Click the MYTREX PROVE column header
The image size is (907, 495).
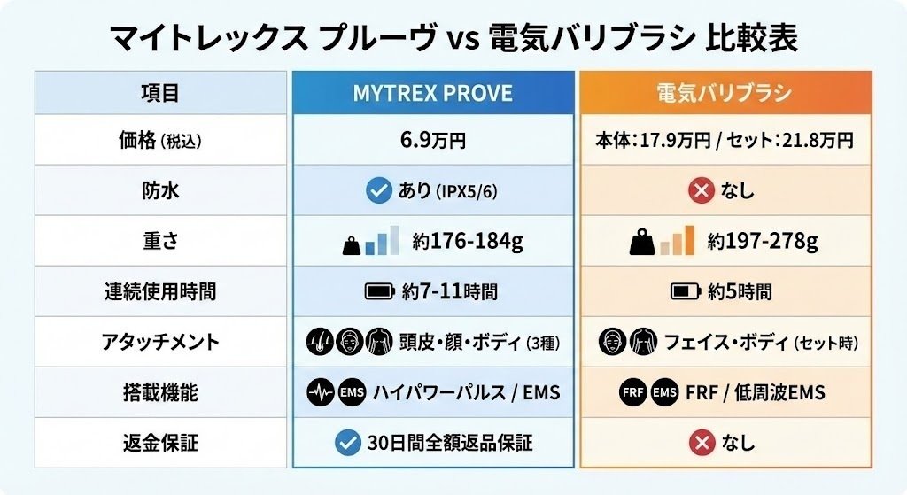432,92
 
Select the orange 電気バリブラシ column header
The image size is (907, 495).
724,92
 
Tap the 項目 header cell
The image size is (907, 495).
160,92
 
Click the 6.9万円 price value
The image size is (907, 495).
432,140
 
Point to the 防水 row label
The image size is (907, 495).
160,190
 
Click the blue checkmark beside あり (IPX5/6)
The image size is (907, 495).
379,190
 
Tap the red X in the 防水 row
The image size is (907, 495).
701,190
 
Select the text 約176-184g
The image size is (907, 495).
459,240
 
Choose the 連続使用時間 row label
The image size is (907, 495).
160,290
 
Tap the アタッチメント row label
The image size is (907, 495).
160,341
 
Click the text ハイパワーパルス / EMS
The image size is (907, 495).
466,391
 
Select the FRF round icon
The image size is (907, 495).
632,391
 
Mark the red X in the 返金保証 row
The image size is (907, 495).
701,441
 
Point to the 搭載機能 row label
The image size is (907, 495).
160,391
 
